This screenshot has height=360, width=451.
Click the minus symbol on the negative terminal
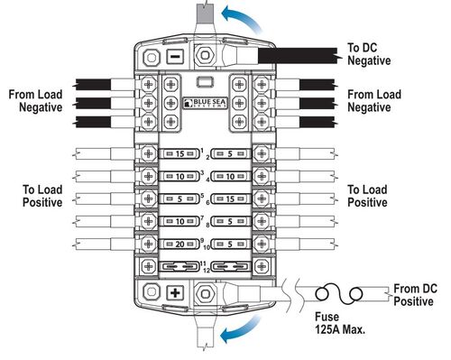point(175,56)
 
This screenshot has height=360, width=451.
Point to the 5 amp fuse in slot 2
point(232,154)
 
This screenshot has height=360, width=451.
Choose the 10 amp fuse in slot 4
point(232,177)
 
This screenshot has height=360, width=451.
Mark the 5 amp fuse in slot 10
point(232,245)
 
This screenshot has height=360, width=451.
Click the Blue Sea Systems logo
point(204,105)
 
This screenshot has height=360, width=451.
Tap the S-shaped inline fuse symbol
point(338,294)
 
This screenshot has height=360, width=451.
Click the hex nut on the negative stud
point(205,55)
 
